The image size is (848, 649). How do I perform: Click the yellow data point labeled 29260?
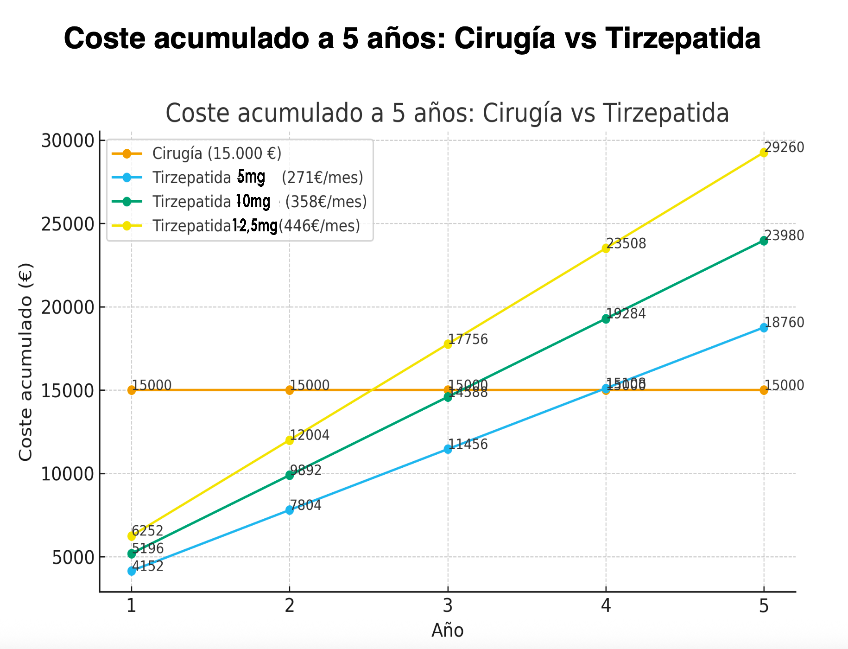click(x=764, y=153)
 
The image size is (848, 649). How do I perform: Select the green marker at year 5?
click(x=764, y=241)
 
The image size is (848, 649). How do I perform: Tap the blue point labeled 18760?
click(x=764, y=328)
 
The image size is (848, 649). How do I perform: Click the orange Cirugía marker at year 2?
click(x=290, y=390)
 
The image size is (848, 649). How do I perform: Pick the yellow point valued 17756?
click(x=448, y=344)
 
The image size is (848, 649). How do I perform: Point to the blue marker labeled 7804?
click(x=290, y=510)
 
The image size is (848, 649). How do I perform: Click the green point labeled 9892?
click(x=290, y=475)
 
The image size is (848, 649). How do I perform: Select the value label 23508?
click(x=627, y=243)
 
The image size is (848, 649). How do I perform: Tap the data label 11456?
click(x=468, y=444)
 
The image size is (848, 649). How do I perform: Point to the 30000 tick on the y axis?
click(x=68, y=140)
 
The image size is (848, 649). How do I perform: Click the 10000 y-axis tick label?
click(x=68, y=474)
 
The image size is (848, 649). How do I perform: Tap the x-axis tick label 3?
click(x=448, y=605)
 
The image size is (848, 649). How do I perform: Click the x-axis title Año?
click(x=448, y=630)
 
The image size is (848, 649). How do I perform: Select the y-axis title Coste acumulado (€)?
click(x=26, y=362)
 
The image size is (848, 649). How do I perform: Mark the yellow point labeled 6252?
click(x=132, y=536)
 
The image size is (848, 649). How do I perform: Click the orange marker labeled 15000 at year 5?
click(x=764, y=390)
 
